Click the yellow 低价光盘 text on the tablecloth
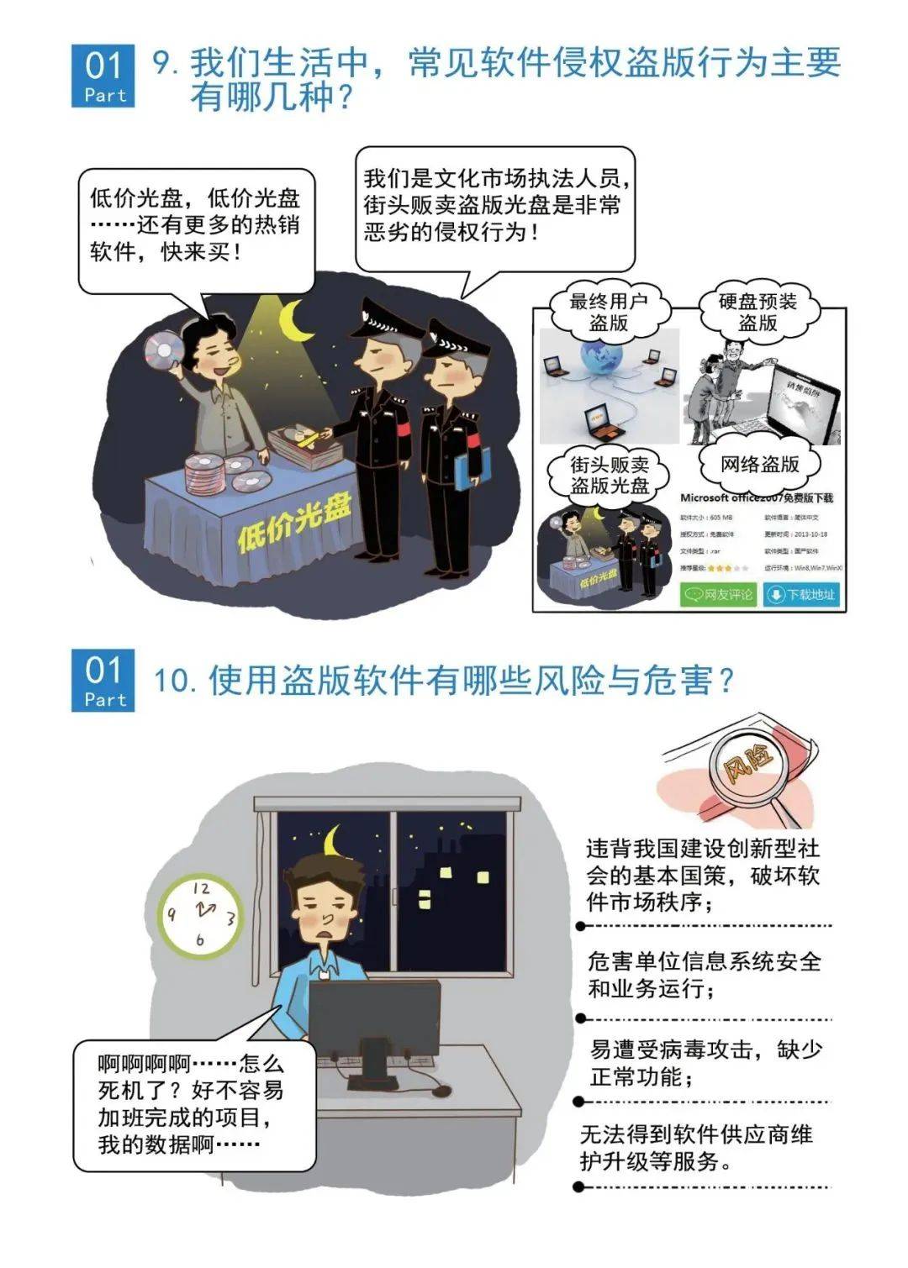293,523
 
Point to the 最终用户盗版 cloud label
608,312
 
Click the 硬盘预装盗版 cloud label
758,312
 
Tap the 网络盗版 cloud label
759,464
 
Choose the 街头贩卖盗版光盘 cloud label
610,475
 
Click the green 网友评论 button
719,594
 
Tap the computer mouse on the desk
439,1090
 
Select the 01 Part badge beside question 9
103,76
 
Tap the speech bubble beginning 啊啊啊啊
194,1104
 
